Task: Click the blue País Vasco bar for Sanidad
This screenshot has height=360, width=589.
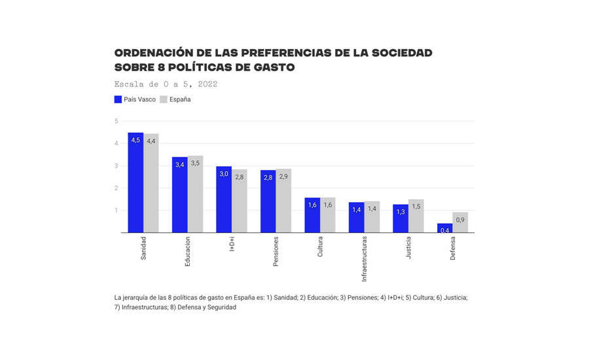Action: [135, 183]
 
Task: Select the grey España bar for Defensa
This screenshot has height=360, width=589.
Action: [460, 223]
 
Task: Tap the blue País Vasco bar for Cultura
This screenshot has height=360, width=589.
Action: [312, 216]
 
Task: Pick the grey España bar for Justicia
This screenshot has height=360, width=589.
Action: [416, 217]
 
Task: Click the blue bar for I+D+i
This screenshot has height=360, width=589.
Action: [224, 200]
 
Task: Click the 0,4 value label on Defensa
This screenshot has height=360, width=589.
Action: [445, 230]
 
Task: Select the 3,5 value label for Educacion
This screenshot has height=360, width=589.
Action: [195, 164]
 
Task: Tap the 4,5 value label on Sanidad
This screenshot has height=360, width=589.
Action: [135, 141]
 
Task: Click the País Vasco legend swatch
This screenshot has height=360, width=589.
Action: [118, 99]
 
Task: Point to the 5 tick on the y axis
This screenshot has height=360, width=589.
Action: [116, 121]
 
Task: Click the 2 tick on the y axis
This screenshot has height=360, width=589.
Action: [116, 188]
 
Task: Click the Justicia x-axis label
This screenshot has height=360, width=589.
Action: [409, 249]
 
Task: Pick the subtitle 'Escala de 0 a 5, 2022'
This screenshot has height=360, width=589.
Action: [166, 84]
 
